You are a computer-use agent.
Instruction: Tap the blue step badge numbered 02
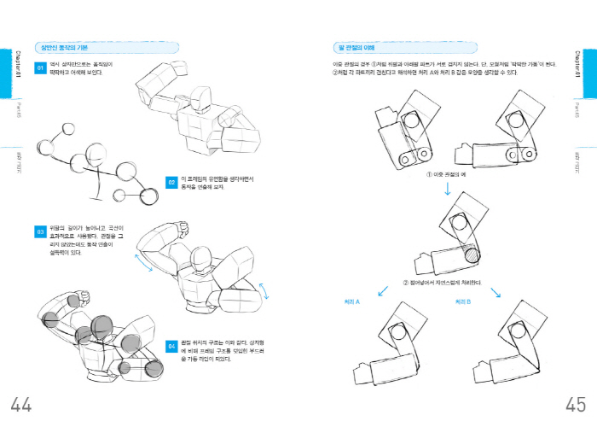coord(171,183)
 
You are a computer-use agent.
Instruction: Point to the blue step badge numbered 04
coord(171,347)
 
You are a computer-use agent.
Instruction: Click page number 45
coord(575,402)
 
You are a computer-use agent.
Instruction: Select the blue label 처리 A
coord(352,301)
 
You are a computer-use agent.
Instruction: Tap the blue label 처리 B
coord(464,301)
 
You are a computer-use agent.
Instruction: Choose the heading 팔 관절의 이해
coord(351,47)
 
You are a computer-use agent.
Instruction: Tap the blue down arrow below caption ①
coord(446,187)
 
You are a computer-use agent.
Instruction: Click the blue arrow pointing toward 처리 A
coord(383,291)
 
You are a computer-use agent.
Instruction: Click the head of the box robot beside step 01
coord(201,100)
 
